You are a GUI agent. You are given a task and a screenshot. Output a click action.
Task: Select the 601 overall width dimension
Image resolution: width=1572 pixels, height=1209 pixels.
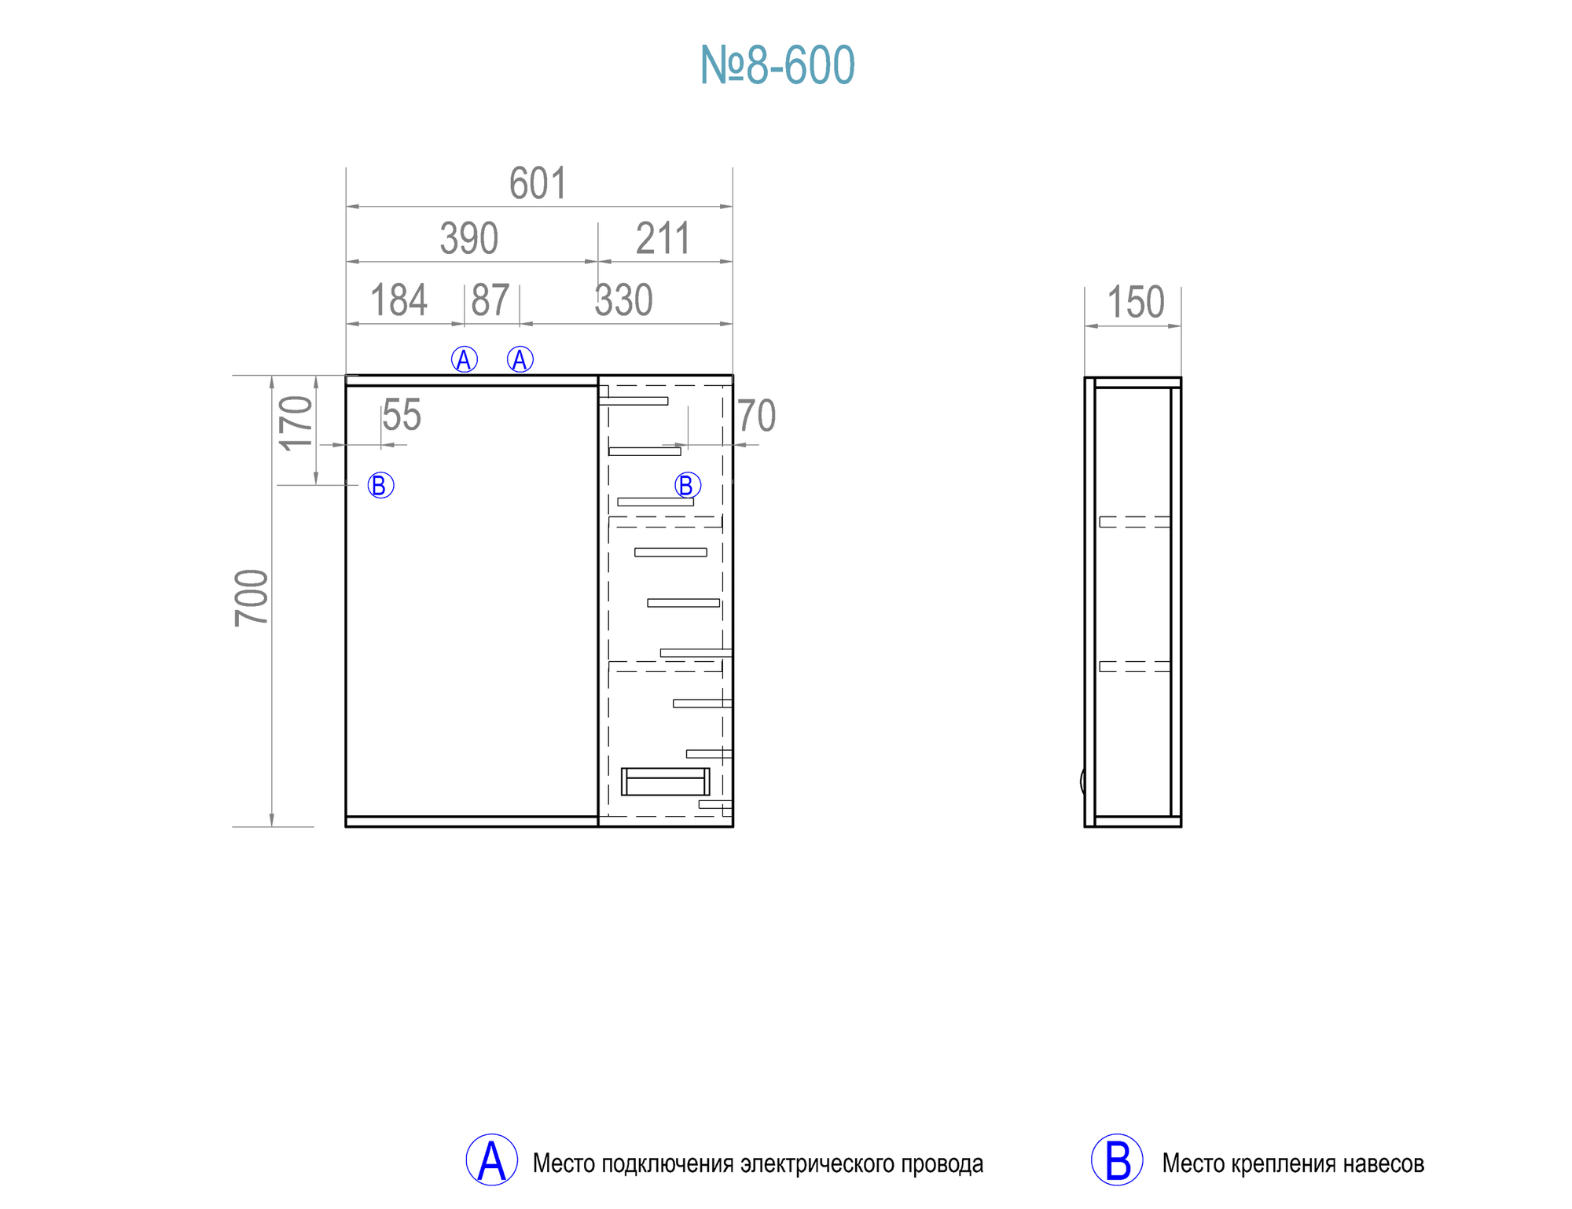538,184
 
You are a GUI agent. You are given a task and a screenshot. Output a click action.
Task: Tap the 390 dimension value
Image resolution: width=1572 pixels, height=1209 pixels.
469,238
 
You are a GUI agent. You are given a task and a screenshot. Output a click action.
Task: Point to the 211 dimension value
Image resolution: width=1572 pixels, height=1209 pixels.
663,238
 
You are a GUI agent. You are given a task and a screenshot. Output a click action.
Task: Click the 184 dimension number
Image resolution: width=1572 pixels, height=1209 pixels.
399,300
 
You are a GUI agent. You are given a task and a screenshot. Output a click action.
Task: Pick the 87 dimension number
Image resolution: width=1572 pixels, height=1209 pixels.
490,300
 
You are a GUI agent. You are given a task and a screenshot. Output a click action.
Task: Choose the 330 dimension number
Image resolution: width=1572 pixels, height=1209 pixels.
623,300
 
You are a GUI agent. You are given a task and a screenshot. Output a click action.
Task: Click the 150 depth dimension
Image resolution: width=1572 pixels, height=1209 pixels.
1135,303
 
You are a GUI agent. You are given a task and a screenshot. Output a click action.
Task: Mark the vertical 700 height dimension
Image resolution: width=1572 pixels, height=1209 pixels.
252,597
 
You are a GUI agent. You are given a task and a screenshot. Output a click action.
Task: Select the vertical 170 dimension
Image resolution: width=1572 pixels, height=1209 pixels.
296,423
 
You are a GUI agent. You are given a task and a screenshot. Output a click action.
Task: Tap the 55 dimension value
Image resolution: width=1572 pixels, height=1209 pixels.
402,415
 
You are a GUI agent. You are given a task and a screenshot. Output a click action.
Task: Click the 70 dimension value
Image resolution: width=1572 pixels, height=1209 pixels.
756,416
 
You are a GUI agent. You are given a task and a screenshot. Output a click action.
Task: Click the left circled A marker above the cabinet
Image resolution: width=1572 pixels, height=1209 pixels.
464,360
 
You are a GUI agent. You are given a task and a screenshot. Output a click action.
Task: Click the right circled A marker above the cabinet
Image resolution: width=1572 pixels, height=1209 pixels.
520,360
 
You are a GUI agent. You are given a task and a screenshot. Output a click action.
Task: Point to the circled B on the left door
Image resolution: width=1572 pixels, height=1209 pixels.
380,485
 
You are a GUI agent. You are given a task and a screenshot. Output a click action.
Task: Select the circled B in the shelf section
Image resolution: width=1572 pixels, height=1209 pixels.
687,485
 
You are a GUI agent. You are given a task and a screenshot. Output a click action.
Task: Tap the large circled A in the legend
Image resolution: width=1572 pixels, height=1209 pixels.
491,1160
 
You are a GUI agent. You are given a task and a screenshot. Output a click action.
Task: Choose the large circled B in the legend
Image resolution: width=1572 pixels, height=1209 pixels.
1116,1160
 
